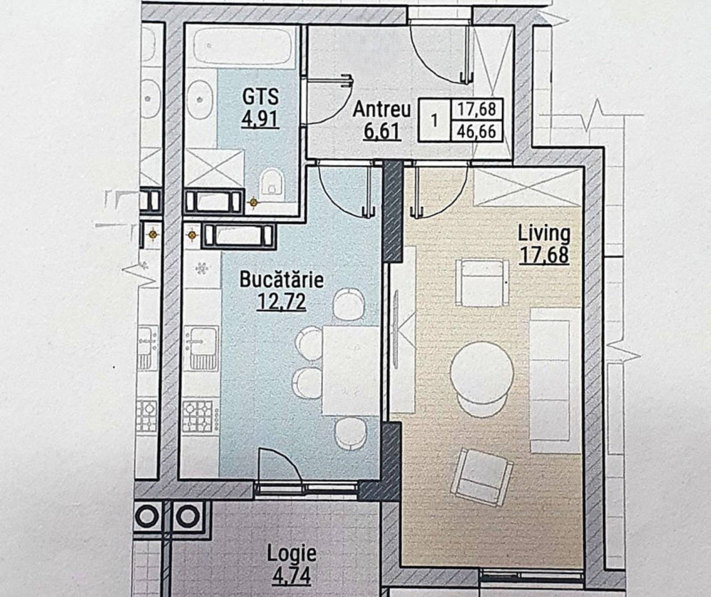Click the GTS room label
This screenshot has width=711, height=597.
pyautogui.click(x=261, y=97)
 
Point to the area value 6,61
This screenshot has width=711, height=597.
pyautogui.click(x=382, y=131)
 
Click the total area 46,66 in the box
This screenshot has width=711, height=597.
pyautogui.click(x=476, y=131)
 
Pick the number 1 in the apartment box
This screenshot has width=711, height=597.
pyautogui.click(x=434, y=120)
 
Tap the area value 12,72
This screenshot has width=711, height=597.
pyautogui.click(x=282, y=301)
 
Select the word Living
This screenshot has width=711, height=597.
pyautogui.click(x=544, y=234)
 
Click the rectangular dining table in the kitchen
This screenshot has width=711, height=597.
pyautogui.click(x=351, y=370)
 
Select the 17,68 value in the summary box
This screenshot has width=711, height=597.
pyautogui.click(x=476, y=110)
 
